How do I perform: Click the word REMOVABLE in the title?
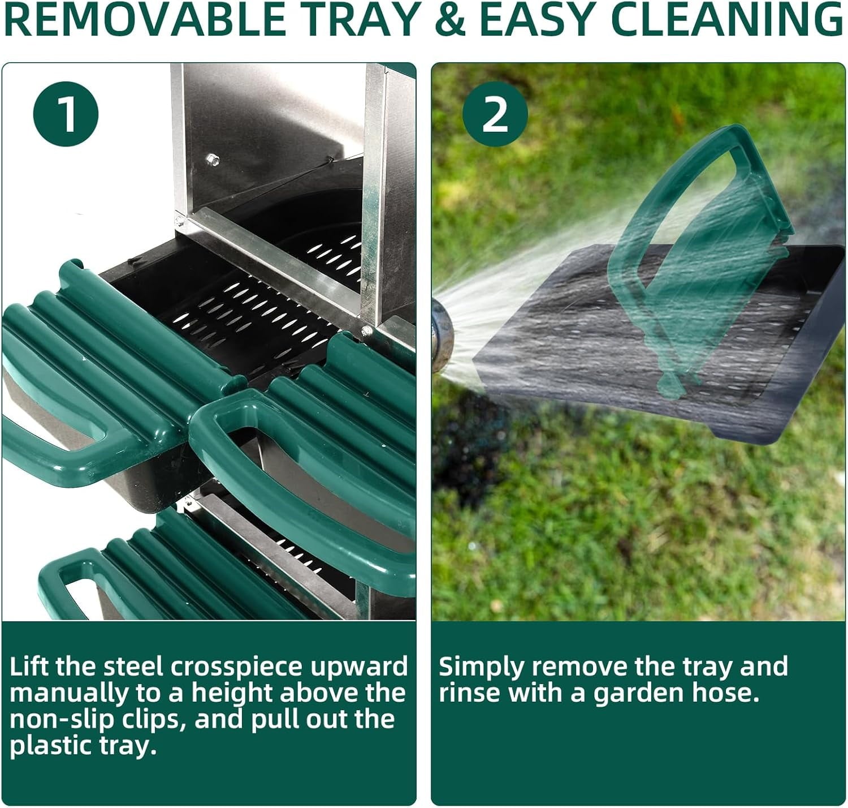(x=143, y=20)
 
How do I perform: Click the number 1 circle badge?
(x=66, y=114)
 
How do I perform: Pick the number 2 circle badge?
(x=495, y=114)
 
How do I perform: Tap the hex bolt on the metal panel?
(x=213, y=160)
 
